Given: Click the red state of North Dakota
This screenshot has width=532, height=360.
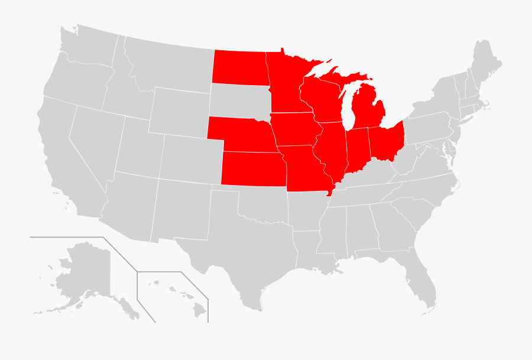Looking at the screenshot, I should pos(239,67).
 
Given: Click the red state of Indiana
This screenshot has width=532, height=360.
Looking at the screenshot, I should pos(356,150).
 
